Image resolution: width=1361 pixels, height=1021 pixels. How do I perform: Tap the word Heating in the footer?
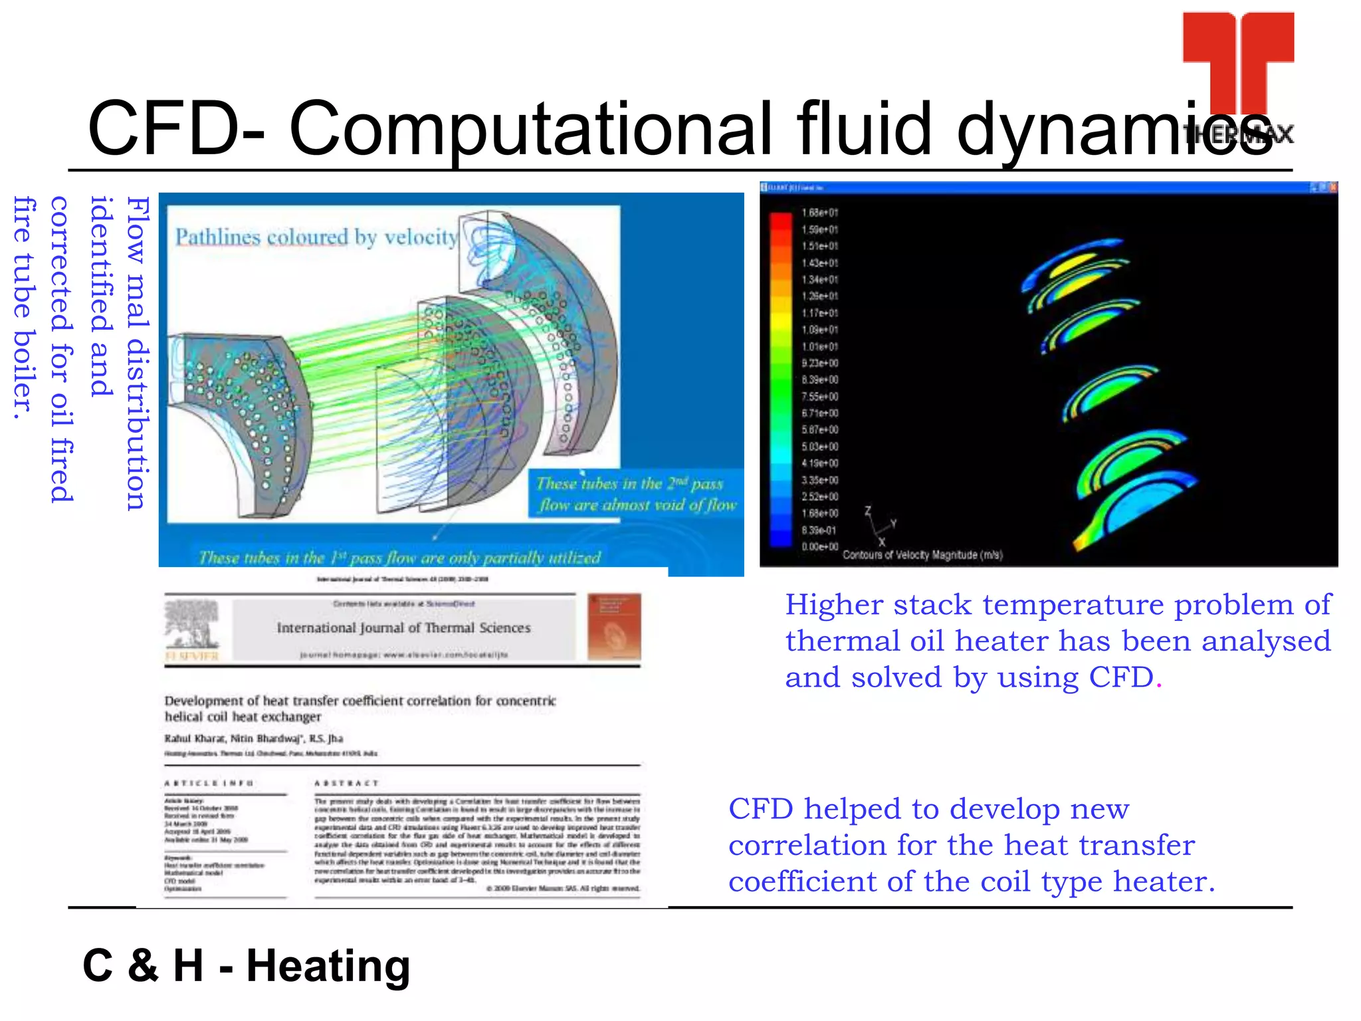328,965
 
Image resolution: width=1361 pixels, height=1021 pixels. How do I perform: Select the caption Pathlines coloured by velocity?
316,237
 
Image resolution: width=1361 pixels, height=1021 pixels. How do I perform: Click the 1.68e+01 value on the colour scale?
819,213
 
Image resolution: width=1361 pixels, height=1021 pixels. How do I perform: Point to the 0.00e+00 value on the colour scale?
819,546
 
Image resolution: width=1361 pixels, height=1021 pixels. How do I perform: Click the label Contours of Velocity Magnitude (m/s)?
922,555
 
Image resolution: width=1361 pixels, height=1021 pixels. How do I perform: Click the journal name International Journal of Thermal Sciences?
403,627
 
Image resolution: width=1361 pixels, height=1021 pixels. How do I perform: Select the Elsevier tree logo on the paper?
192,625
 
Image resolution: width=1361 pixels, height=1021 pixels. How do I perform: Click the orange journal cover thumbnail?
614,626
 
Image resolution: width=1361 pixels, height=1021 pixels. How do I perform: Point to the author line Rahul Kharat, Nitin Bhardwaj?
254,738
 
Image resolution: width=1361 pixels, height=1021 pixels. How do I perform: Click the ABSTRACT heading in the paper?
346,783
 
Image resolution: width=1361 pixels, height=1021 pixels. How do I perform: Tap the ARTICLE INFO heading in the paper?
209,783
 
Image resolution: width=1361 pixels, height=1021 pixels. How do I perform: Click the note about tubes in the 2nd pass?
636,494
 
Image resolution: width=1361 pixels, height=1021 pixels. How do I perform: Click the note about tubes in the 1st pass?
399,557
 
